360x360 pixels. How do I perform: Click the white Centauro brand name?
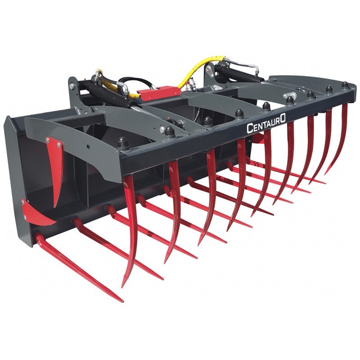(266, 124)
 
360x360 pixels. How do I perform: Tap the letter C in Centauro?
(249, 129)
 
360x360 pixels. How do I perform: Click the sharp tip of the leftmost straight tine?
(122, 301)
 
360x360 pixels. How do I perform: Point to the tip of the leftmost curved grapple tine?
(122, 287)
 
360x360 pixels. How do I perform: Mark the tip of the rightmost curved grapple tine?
(325, 174)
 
